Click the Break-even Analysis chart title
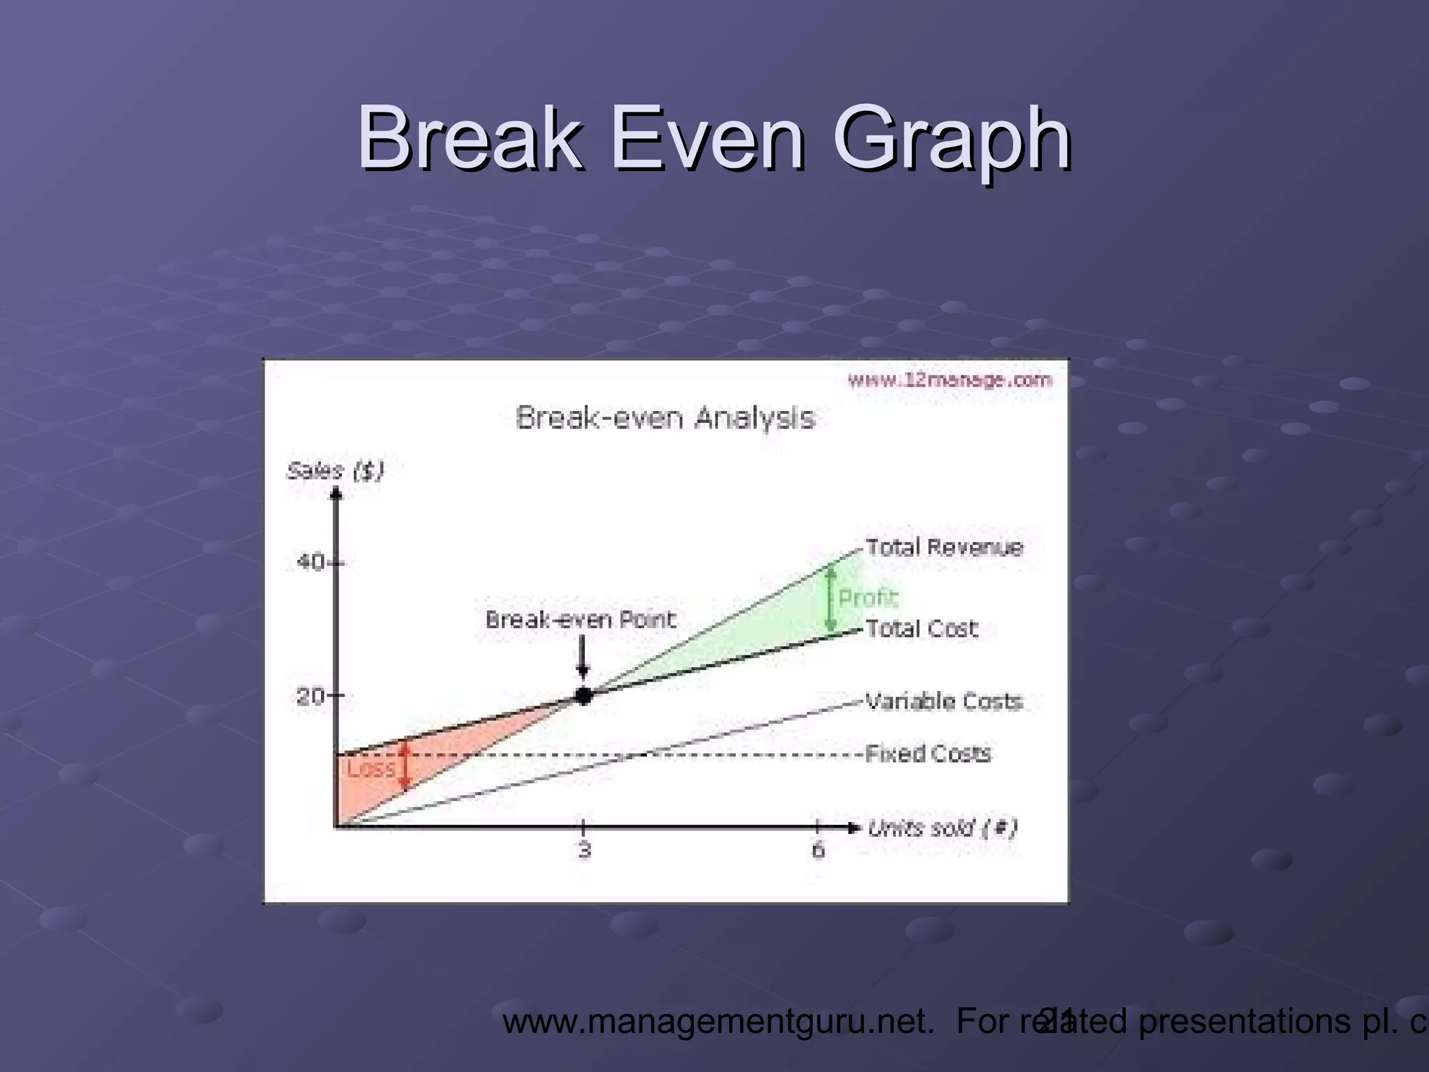665,419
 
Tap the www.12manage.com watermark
949,380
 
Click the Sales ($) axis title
335,472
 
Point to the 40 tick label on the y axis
310,562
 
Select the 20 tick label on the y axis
310,696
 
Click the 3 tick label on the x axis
584,850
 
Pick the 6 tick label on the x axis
818,850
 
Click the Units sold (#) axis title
942,828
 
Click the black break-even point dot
583,695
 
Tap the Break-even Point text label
581,620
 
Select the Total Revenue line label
944,547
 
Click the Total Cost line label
921,629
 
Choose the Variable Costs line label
944,701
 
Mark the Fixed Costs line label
928,754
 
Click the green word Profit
867,598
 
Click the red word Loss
371,769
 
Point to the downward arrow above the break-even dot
583,660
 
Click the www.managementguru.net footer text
719,1021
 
